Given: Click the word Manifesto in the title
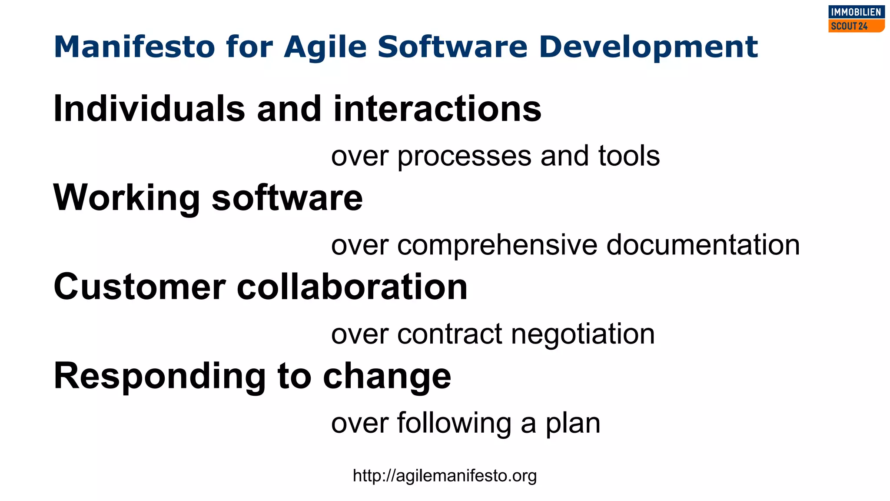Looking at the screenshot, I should click(x=134, y=47).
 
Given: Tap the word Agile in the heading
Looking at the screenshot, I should click(x=325, y=47).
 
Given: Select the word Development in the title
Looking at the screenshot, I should click(x=648, y=47).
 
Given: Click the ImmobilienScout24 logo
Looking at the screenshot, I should click(x=856, y=19).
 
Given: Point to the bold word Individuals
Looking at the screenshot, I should click(x=149, y=109).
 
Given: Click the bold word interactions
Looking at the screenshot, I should click(x=437, y=109).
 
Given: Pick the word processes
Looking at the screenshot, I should click(x=464, y=157).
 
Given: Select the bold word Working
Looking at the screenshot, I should click(x=126, y=198).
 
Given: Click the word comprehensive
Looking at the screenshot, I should click(x=497, y=245).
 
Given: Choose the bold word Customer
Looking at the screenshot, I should click(x=139, y=287).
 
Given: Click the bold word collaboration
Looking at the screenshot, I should click(x=352, y=287).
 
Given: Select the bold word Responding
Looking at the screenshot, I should click(x=159, y=377).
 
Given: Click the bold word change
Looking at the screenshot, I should click(x=387, y=377).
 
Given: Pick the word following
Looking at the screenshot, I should click(x=454, y=424).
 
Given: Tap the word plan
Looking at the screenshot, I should click(x=573, y=424).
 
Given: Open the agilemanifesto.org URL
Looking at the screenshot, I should click(x=445, y=476).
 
